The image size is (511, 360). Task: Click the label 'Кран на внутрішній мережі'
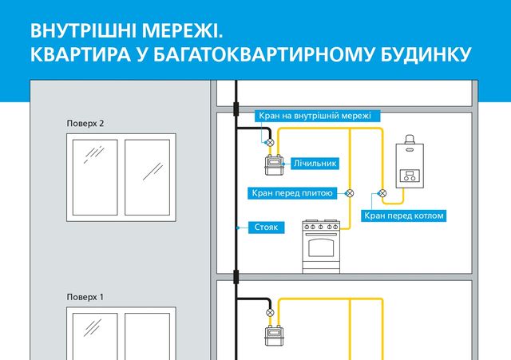(315, 116)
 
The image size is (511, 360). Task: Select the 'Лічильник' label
(315, 163)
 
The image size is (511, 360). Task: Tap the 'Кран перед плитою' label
(292, 193)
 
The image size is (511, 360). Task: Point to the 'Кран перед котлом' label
(404, 216)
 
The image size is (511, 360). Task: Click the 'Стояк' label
(266, 227)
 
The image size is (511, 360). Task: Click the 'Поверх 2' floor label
(85, 124)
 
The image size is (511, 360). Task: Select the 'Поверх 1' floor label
(85, 297)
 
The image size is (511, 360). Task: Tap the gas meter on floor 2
(274, 165)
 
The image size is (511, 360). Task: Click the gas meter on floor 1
(274, 336)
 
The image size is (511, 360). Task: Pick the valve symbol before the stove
(350, 193)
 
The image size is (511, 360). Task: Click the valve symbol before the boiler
(382, 193)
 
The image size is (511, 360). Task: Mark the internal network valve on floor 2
(270, 142)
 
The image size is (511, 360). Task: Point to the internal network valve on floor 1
(270, 312)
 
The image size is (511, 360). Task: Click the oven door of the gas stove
(321, 247)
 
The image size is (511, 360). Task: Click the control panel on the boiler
(410, 176)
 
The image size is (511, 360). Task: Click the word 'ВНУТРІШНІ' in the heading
(84, 31)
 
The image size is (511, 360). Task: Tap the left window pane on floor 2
(95, 177)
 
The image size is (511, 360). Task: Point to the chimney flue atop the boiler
(410, 139)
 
